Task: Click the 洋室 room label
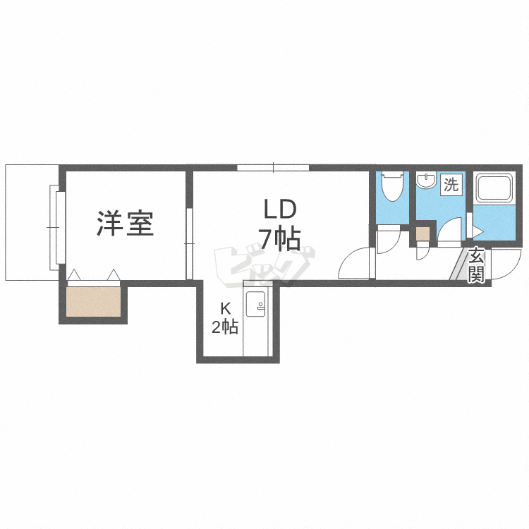point(125,224)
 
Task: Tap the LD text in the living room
point(280,209)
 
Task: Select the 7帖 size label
point(279,240)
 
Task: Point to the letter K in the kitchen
point(225,308)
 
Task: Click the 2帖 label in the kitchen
point(225,327)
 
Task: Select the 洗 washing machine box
point(451,186)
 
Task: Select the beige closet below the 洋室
point(93,302)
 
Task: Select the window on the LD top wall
point(273,168)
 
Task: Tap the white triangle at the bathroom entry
point(478,230)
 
